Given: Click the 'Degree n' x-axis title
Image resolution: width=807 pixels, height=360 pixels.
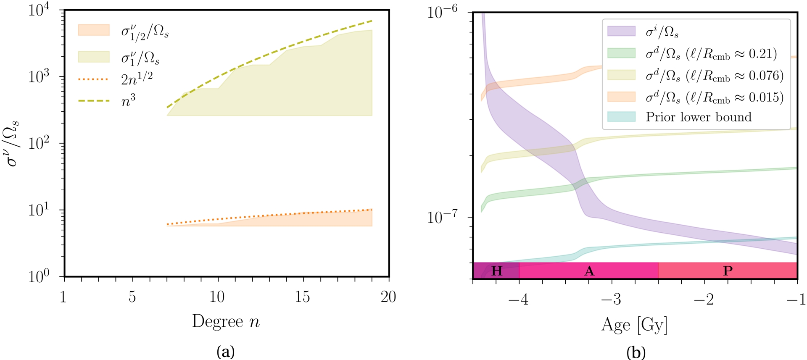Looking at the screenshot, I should [x=226, y=322].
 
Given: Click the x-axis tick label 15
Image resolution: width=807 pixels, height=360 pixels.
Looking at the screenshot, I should [x=303, y=297].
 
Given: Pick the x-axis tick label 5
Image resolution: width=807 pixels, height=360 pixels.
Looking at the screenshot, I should [x=132, y=297].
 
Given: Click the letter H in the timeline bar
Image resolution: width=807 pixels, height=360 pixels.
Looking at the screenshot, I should [x=497, y=271].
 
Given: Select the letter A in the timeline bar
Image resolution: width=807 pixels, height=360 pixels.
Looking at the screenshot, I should [x=589, y=271].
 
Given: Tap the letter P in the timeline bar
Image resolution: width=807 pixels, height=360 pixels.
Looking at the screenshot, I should [x=728, y=271].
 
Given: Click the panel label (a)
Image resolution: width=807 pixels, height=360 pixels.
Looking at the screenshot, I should [x=225, y=351].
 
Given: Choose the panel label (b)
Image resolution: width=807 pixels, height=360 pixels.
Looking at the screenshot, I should [x=635, y=352].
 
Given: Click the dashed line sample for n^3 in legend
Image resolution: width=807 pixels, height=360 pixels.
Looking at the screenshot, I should [x=94, y=101].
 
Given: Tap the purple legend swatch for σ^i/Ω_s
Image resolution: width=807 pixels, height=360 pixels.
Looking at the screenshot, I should [x=621, y=31].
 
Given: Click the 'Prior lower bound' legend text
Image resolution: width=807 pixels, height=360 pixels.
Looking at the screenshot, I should [x=699, y=117].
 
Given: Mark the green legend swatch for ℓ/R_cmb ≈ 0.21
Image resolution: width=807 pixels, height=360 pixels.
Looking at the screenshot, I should [x=621, y=53].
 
